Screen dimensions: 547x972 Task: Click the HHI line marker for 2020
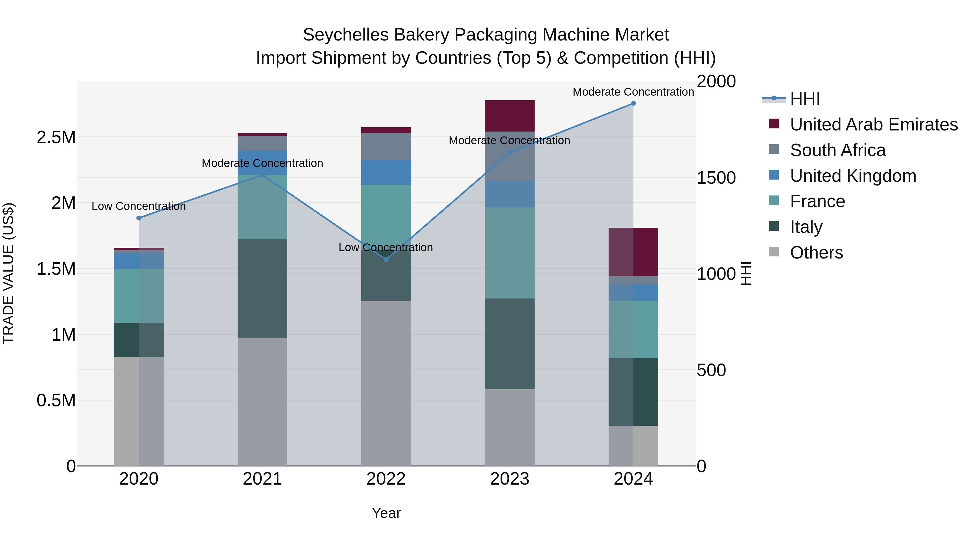pyautogui.click(x=139, y=218)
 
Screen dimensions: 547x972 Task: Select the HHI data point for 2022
pyautogui.click(x=386, y=260)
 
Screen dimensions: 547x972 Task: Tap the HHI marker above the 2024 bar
pyautogui.click(x=633, y=103)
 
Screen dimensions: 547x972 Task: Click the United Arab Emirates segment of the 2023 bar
pyautogui.click(x=509, y=116)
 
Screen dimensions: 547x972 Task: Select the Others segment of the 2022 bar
pyautogui.click(x=386, y=383)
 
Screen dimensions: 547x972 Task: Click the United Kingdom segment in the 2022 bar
pyautogui.click(x=386, y=173)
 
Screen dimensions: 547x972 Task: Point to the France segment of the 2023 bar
pyautogui.click(x=509, y=253)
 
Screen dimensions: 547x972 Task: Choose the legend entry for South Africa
pyautogui.click(x=838, y=150)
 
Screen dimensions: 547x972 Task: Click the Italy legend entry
pyautogui.click(x=806, y=227)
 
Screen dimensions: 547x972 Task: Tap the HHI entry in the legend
pyautogui.click(x=805, y=99)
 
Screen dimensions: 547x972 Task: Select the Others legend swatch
pyautogui.click(x=774, y=252)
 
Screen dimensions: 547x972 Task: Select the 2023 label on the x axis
pyautogui.click(x=509, y=479)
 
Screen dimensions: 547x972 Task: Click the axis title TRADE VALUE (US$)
pyautogui.click(x=8, y=273)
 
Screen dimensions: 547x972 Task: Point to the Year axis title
pyautogui.click(x=386, y=513)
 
